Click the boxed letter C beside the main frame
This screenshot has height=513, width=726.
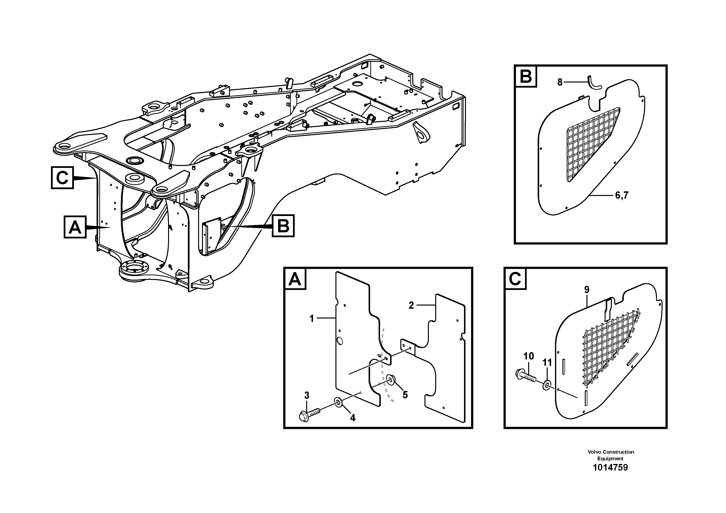[x=62, y=178]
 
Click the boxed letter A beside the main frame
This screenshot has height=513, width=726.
[x=75, y=227]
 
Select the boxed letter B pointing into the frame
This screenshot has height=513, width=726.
[x=283, y=226]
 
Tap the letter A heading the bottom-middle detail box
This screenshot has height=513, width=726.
[x=295, y=279]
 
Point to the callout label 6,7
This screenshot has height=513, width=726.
[x=621, y=195]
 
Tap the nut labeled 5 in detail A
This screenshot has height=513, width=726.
[x=390, y=379]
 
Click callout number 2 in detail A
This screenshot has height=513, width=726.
[x=411, y=305]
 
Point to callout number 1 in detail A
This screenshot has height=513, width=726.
[x=312, y=318]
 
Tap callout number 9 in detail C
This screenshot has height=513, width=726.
[x=587, y=289]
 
